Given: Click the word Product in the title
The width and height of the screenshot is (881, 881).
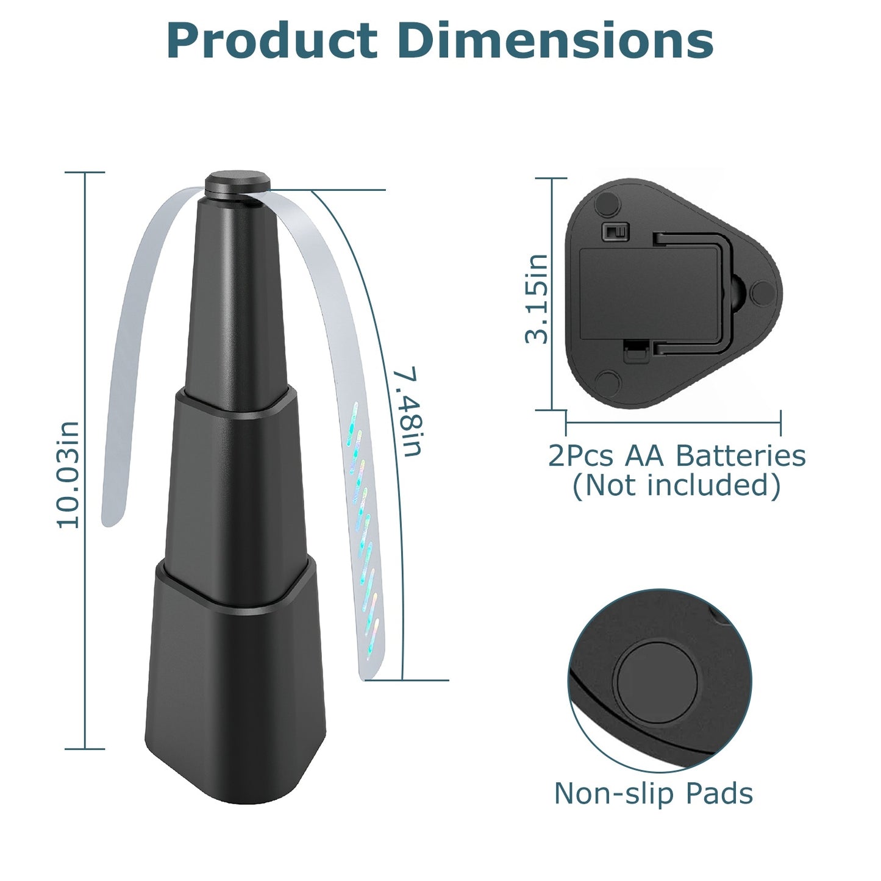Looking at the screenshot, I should (272, 41).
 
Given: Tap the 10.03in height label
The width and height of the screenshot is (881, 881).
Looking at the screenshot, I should (68, 474).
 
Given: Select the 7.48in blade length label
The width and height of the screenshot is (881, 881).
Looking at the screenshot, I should (407, 412).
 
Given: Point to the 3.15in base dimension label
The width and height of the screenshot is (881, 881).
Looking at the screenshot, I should (537, 299).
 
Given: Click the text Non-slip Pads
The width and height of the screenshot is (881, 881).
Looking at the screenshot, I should (653, 793).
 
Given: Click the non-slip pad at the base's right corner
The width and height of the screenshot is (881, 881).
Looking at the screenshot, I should (762, 293).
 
